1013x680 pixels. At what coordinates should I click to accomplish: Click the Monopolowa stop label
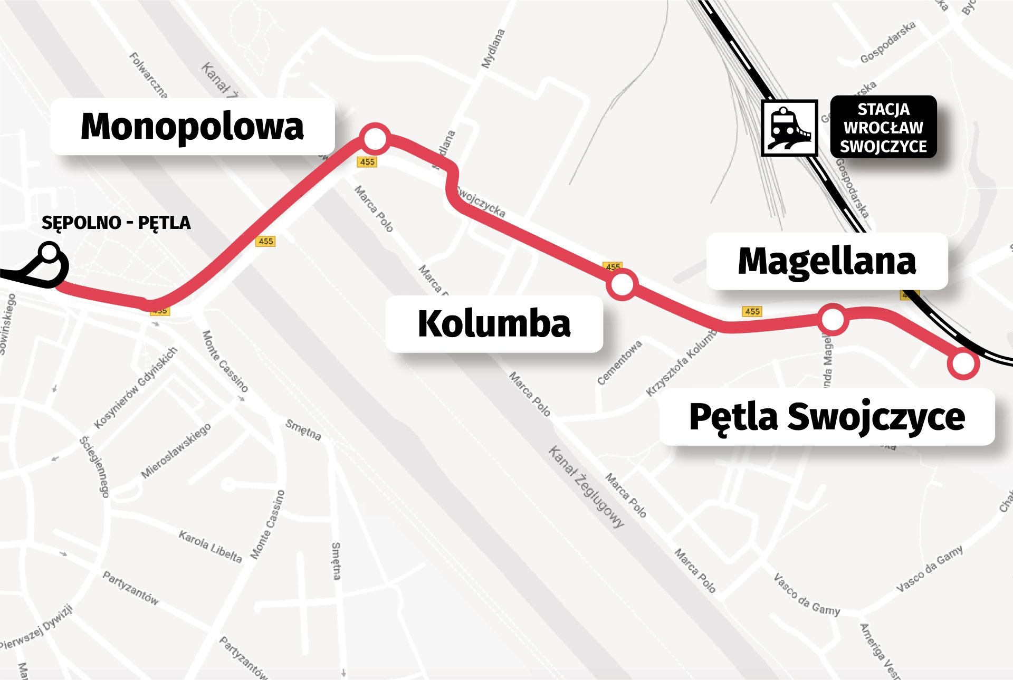tap(192, 127)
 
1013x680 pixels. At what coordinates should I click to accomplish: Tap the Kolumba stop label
tap(494, 324)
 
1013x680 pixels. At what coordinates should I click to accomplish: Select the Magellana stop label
tap(827, 261)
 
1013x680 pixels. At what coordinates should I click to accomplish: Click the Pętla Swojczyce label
tap(827, 417)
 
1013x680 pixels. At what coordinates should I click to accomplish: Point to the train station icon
tap(789, 128)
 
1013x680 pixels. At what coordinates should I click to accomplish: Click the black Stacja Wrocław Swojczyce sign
tap(883, 127)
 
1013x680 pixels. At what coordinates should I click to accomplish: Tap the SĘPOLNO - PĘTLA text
tap(116, 223)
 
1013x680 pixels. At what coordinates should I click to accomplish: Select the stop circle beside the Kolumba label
tap(622, 285)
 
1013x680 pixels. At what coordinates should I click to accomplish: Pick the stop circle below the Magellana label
tap(833, 319)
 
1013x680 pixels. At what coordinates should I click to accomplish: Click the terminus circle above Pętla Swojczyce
tap(963, 363)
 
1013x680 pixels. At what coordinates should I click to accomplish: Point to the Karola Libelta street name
tap(210, 547)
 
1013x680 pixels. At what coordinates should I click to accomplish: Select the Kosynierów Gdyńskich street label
tap(135, 388)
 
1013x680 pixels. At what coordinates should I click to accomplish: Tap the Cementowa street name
tap(619, 362)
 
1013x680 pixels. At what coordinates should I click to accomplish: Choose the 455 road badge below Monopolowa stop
tap(367, 162)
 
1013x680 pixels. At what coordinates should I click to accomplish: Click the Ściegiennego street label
tap(94, 466)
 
